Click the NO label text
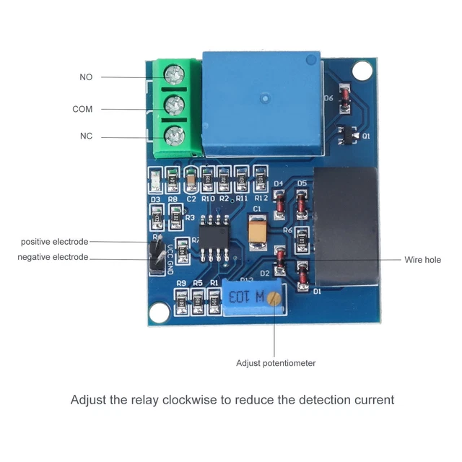coord(86,77)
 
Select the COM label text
coord(82,109)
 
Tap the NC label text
coord(86,136)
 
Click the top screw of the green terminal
coord(173,74)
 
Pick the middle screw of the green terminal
coord(173,105)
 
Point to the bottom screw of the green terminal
coord(173,135)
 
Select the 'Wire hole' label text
coord(422,260)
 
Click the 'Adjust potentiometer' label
coord(276,363)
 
